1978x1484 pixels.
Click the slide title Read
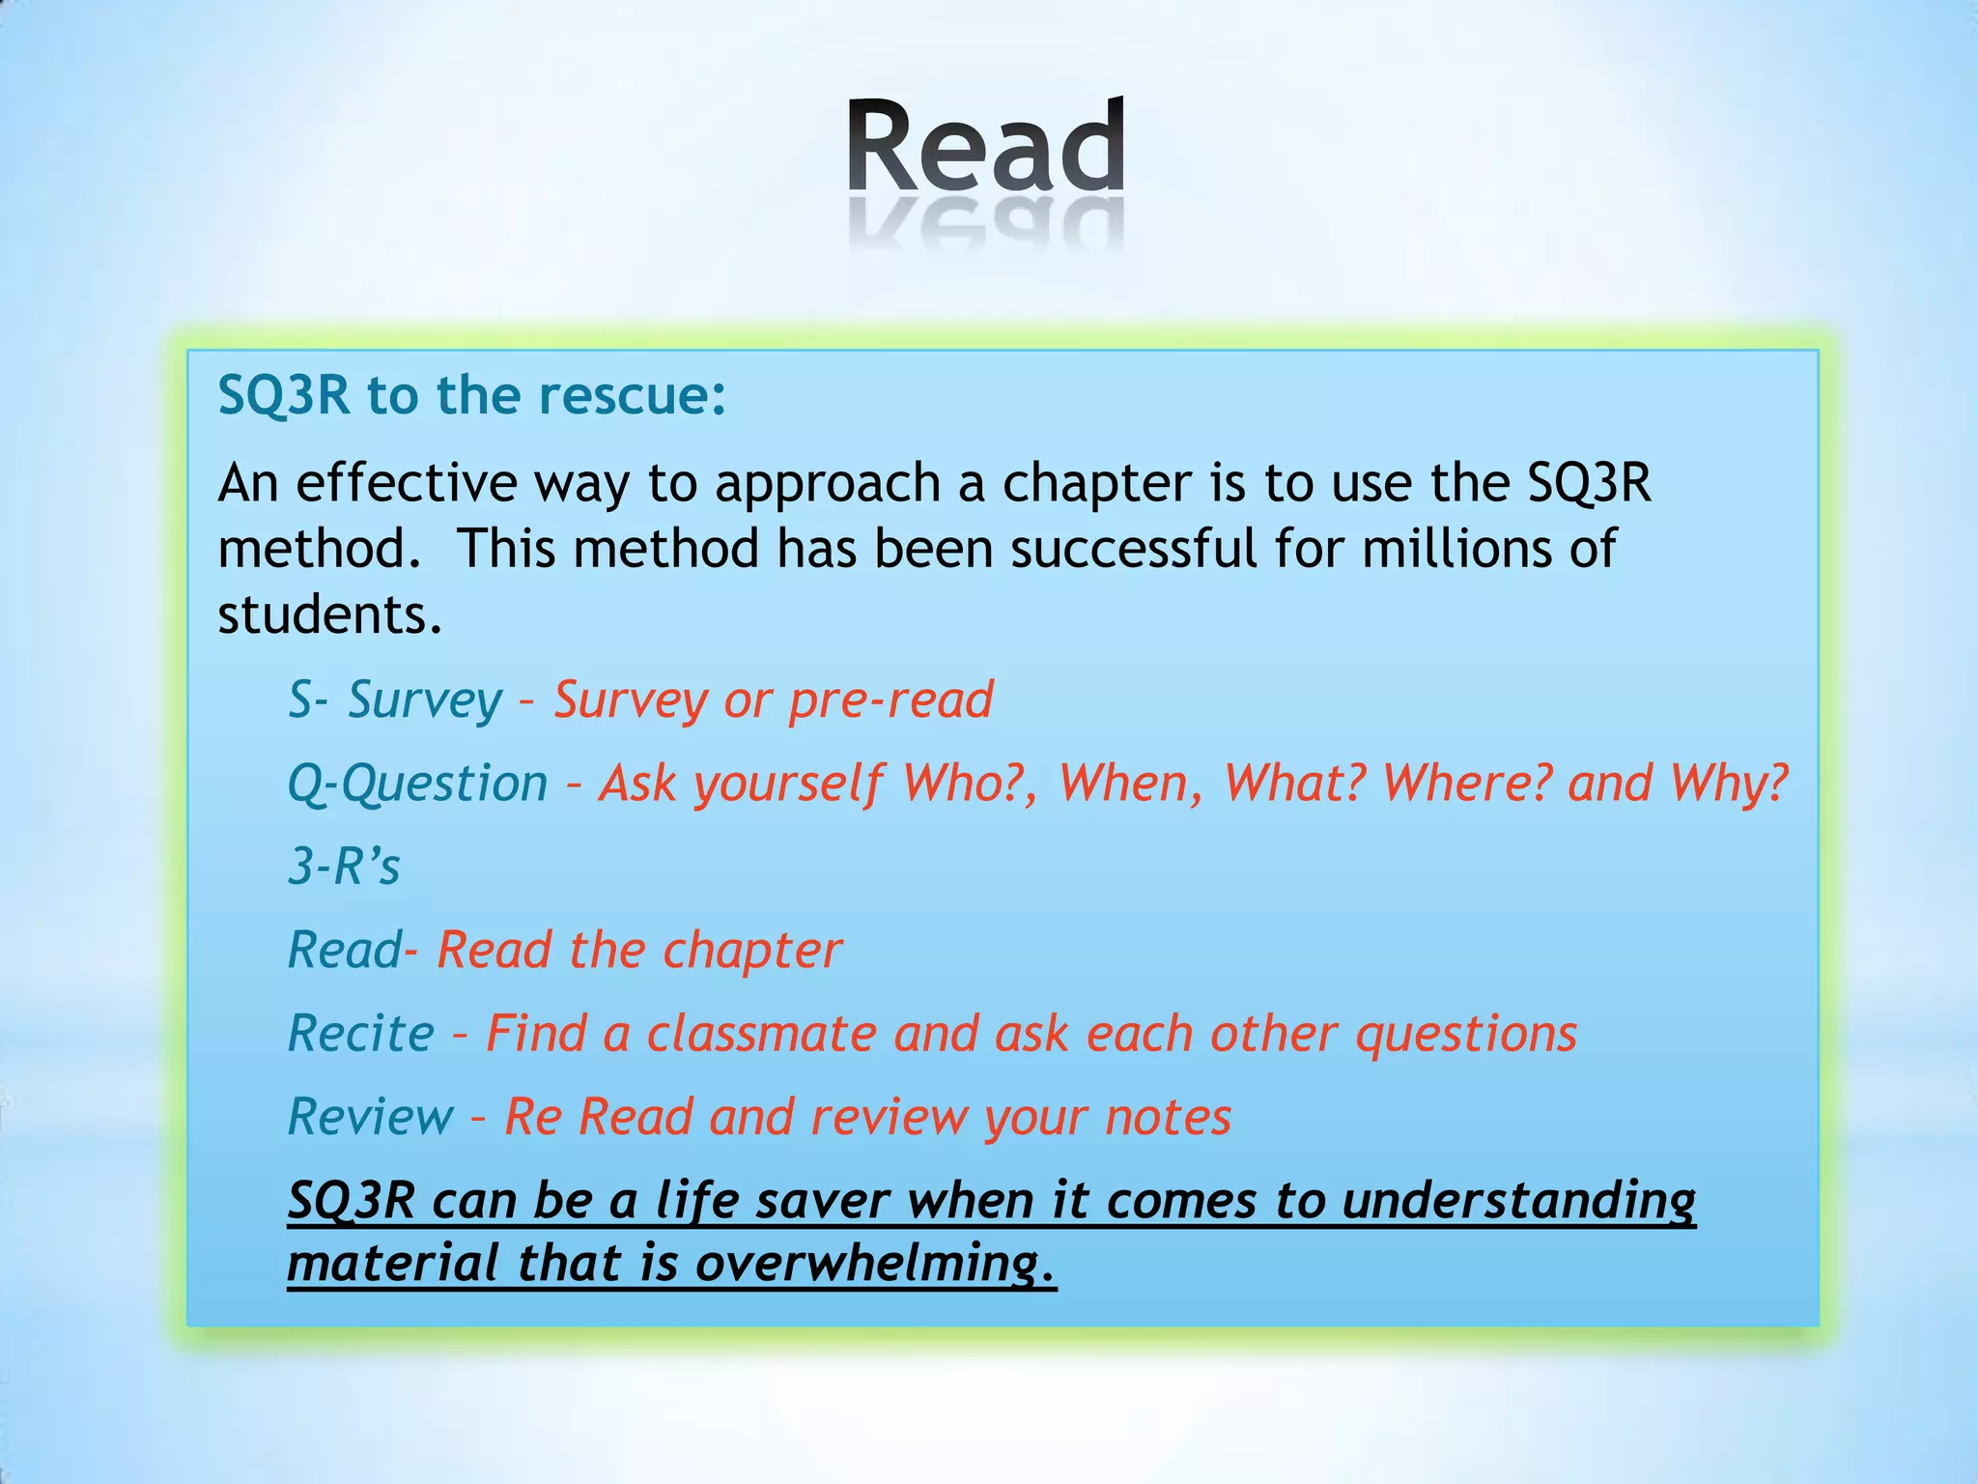tap(986, 147)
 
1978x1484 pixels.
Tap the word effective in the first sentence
tap(406, 483)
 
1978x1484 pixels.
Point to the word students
tap(329, 614)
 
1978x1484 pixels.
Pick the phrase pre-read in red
tap(890, 700)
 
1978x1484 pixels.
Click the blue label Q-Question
tap(417, 784)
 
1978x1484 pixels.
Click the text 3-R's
tap(344, 867)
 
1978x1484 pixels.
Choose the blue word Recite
tap(361, 1034)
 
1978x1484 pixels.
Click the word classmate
tap(761, 1034)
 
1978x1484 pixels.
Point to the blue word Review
tap(370, 1118)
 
